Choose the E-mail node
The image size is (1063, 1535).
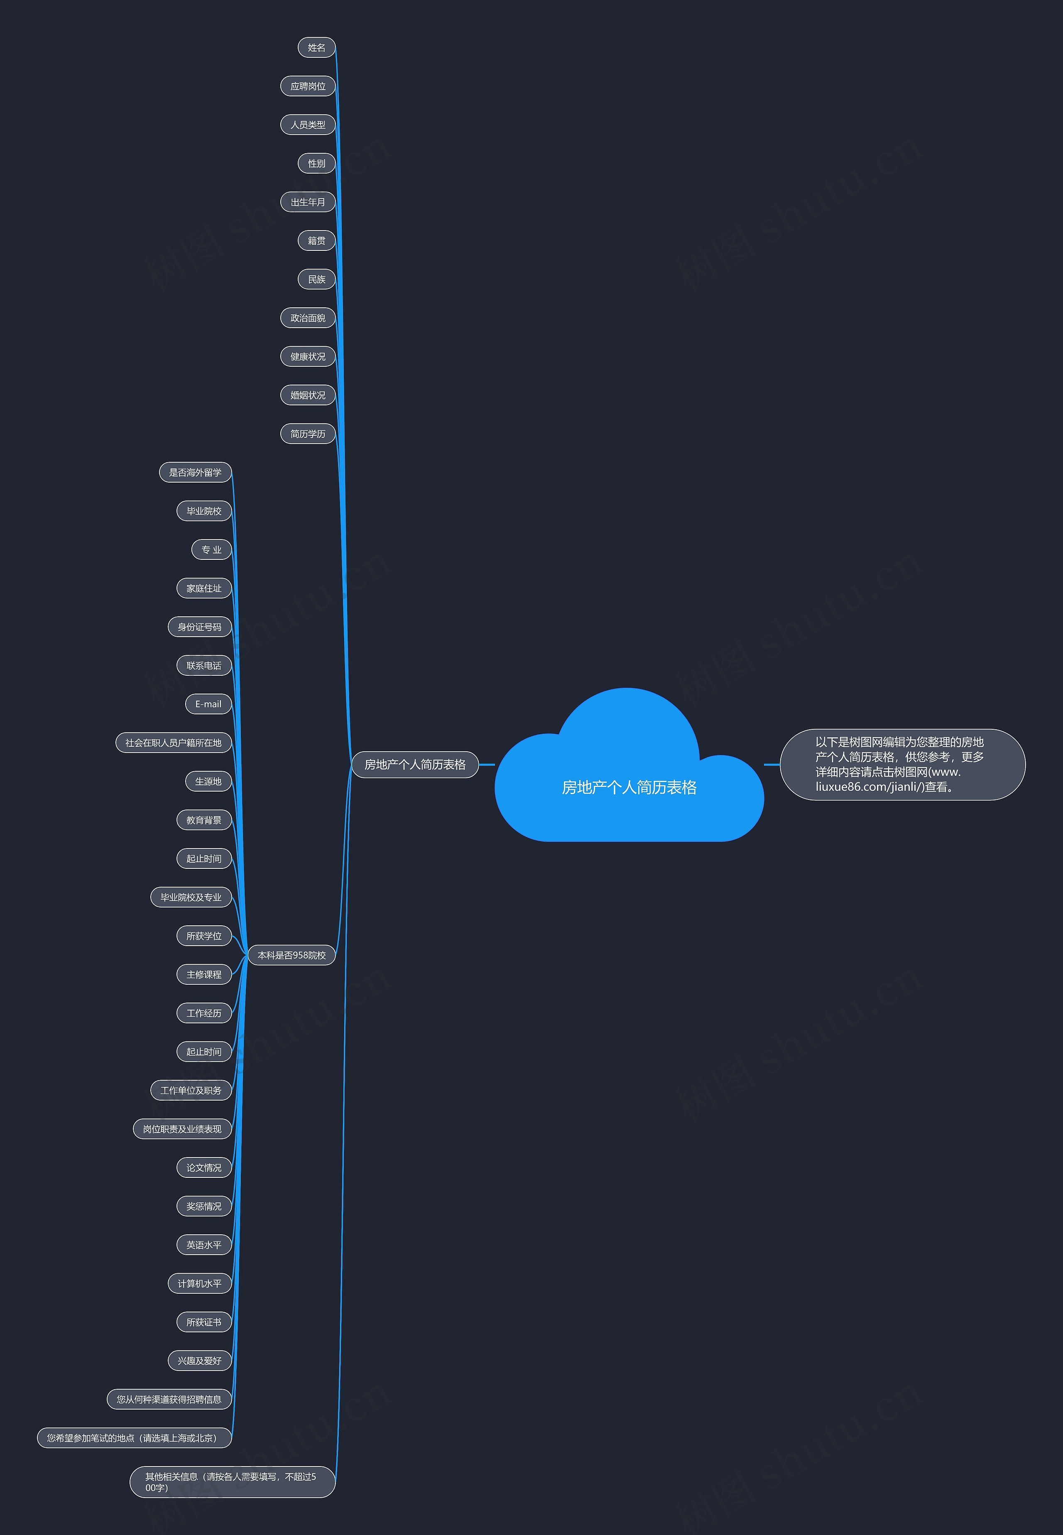pyautogui.click(x=208, y=704)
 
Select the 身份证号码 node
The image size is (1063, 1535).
pyautogui.click(x=200, y=628)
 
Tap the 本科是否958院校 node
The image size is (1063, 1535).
pyautogui.click(x=292, y=955)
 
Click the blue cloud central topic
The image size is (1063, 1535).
pyautogui.click(x=629, y=787)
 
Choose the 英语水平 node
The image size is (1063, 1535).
pyautogui.click(x=204, y=1245)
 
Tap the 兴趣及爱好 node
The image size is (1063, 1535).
pyautogui.click(x=200, y=1361)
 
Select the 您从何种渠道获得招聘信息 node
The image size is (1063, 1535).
pyautogui.click(x=169, y=1400)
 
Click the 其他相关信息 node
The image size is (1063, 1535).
pyautogui.click(x=232, y=1482)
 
